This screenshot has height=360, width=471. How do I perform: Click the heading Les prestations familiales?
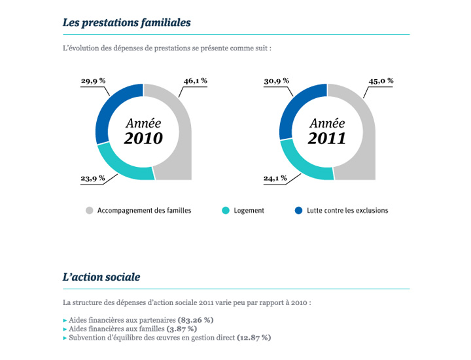click(x=126, y=22)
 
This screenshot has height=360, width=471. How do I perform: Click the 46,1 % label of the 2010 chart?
click(x=195, y=81)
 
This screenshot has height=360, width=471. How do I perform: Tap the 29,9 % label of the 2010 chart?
click(x=93, y=81)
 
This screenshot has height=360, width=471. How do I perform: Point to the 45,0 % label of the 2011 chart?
click(x=381, y=81)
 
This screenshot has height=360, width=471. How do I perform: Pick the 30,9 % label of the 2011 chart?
click(x=276, y=81)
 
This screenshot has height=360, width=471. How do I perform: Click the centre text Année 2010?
click(x=143, y=131)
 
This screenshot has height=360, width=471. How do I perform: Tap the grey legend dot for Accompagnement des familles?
click(x=89, y=211)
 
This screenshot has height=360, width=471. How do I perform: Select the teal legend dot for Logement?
click(x=226, y=211)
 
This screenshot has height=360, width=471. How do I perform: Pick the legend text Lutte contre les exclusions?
click(x=347, y=211)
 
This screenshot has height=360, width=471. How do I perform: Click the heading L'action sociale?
click(x=101, y=277)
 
